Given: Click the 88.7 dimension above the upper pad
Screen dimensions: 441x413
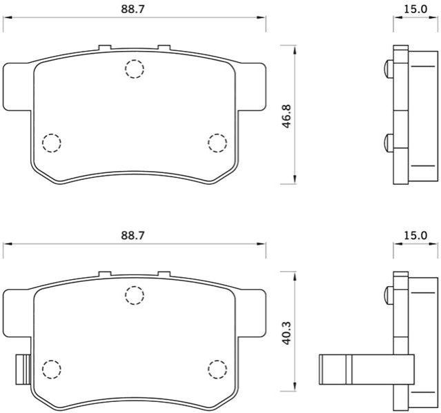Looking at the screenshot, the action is coord(133,9).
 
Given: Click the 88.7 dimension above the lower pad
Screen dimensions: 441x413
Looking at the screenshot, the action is coord(133,235).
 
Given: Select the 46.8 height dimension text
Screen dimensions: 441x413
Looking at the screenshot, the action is coord(286,116).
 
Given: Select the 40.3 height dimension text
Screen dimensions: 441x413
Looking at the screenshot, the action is coord(286,333).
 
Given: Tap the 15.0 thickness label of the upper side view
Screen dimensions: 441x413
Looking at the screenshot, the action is coord(415,9).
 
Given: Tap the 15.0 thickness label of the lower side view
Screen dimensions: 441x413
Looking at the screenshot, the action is coord(415,235).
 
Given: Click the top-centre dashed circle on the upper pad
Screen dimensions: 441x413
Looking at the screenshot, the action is coord(135,69).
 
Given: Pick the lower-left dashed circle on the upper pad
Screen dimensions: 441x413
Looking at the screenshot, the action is coord(52,143).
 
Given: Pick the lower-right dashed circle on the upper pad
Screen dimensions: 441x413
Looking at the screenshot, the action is coord(217,143).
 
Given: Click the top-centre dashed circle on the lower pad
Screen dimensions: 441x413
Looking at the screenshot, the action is coord(135,295).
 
